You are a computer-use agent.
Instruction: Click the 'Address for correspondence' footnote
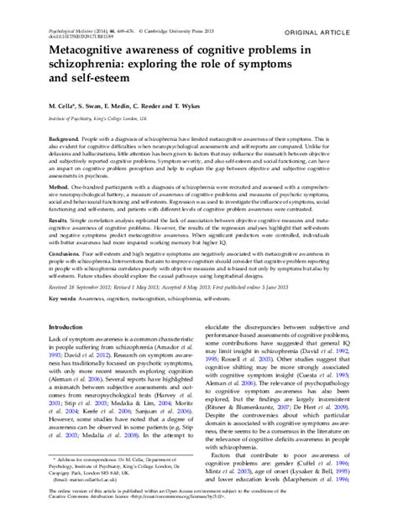(93, 485)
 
